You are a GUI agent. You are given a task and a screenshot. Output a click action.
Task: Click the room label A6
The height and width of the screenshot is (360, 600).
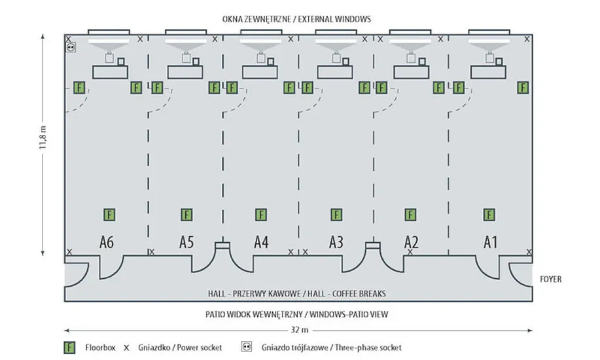click(x=107, y=243)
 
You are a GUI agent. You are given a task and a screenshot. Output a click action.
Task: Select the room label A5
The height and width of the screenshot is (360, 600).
click(x=186, y=243)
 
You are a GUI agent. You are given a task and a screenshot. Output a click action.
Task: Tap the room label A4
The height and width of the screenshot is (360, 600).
click(x=261, y=243)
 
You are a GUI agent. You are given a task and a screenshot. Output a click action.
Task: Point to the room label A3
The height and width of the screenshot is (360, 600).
click(x=336, y=243)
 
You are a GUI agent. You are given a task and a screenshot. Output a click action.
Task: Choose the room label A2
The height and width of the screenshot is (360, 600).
click(x=411, y=243)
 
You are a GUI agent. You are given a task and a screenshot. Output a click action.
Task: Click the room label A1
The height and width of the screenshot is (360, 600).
click(x=490, y=243)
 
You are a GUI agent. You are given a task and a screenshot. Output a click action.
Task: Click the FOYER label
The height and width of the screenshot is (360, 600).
click(x=550, y=279)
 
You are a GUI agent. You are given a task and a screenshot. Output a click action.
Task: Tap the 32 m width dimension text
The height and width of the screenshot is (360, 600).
click(x=300, y=329)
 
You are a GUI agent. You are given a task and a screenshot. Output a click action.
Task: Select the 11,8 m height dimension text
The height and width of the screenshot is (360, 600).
click(x=43, y=139)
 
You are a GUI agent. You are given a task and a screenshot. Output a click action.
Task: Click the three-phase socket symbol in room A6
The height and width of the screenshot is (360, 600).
click(x=71, y=47)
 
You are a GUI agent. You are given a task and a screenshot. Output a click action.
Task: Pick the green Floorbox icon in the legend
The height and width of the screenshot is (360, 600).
click(x=67, y=348)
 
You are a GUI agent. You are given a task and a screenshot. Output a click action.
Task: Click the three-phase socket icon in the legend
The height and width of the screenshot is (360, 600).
click(x=247, y=348)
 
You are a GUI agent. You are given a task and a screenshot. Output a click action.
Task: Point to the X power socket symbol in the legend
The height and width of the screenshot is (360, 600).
click(x=126, y=348)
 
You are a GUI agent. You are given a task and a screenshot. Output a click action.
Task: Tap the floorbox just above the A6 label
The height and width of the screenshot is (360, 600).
click(x=109, y=214)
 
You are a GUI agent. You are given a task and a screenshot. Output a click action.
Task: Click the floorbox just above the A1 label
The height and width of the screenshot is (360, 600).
click(x=489, y=214)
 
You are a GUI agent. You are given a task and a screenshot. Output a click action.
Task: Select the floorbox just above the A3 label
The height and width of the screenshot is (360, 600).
click(x=336, y=214)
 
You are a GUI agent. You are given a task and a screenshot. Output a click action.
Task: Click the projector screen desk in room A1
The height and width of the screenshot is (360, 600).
click(x=489, y=72)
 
